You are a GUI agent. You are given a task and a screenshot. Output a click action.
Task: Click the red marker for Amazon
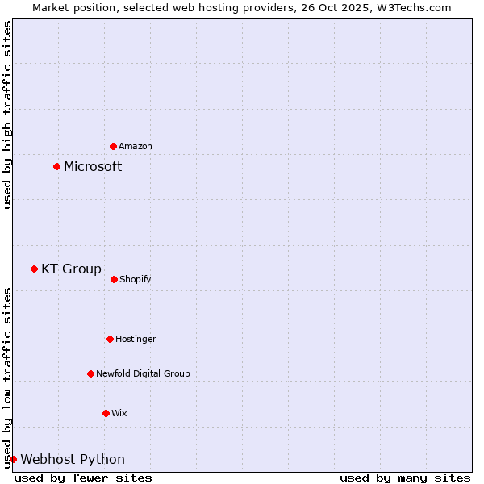coord(114,146)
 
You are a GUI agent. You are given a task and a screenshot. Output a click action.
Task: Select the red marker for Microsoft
coord(56,167)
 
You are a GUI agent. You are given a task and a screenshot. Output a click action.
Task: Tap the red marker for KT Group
coord(34,269)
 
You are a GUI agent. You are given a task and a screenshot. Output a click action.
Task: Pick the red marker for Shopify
coord(114,279)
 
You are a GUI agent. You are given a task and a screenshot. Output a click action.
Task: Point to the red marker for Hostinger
coord(110,339)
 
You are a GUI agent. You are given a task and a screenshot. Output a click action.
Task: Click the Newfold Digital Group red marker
coord(90,373)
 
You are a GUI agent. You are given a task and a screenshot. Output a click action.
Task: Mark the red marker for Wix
coord(106,413)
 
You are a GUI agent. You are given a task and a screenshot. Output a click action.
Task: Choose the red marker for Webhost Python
coord(13,459)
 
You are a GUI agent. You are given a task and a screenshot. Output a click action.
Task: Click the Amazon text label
coord(136,146)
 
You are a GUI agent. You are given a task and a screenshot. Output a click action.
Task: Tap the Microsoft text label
coord(93,167)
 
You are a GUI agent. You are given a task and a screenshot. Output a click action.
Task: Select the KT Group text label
coord(72,269)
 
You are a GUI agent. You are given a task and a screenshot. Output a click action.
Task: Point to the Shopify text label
coord(136,279)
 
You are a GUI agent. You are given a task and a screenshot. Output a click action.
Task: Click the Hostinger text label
coord(136,339)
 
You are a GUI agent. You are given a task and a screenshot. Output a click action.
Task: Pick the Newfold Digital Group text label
coord(143,373)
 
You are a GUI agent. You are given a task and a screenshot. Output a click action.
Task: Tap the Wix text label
coord(119,413)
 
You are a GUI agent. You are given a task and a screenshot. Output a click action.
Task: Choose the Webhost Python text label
coord(73,460)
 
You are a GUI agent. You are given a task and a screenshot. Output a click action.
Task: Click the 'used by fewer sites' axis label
coord(83,478)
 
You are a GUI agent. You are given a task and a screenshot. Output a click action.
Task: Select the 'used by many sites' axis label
coord(405,478)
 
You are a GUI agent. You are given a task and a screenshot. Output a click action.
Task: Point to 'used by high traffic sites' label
coord(7,115)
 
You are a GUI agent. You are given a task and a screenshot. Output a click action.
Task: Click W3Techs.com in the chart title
coord(411,7)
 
